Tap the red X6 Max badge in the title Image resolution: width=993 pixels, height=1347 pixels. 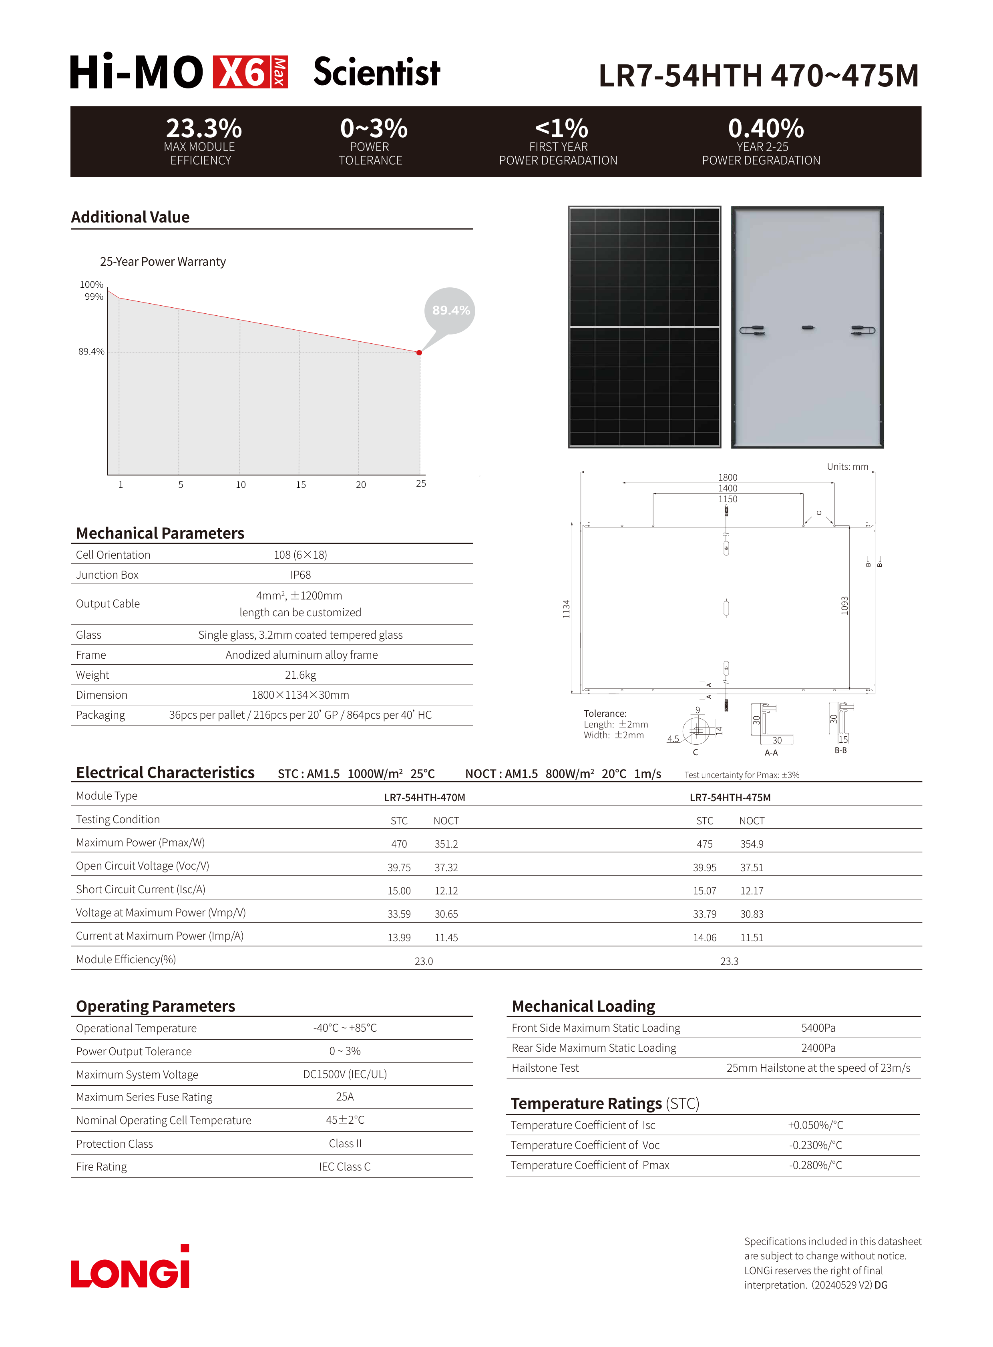pos(250,72)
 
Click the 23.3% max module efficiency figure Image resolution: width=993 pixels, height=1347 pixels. pos(204,128)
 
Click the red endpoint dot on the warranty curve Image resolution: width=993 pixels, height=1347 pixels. pos(419,353)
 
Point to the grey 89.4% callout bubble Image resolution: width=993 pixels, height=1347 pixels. pos(450,311)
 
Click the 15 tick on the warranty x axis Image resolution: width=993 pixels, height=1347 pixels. pos(301,484)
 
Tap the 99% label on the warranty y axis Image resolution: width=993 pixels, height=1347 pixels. pos(94,297)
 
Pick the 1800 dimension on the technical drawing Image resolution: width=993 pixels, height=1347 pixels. pos(727,477)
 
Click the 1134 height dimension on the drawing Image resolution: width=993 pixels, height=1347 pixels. pos(566,609)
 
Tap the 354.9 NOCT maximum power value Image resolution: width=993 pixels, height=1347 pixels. pos(752,844)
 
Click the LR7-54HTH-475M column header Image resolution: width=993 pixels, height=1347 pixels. pos(730,797)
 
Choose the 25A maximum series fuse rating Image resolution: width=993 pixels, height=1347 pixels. pos(344,1097)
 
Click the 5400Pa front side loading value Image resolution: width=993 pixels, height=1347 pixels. pos(818,1028)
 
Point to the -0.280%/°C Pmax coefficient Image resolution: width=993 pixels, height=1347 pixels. pos(815,1165)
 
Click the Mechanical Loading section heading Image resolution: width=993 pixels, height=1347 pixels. pos(583,1006)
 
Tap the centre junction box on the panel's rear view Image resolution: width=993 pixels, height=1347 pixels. pos(808,327)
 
